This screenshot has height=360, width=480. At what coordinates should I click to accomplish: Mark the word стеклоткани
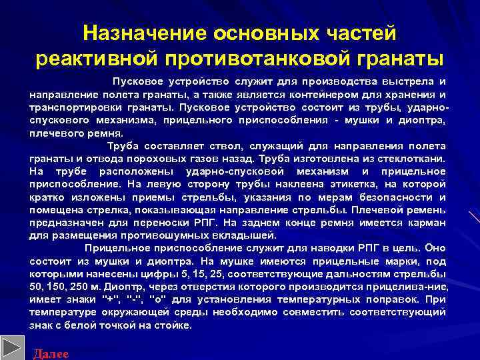[x=415, y=159]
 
